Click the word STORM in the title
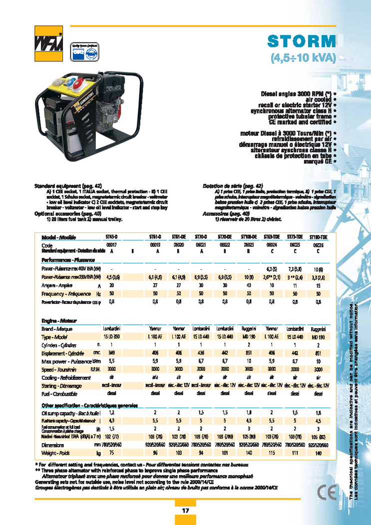[x=301, y=41]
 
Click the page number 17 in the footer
[x=185, y=511]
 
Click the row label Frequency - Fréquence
[x=62, y=294]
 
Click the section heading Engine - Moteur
[x=60, y=320]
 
